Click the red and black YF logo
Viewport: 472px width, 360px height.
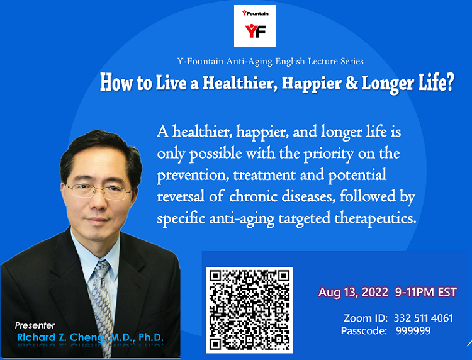[x=255, y=31]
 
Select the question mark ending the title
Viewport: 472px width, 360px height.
[x=449, y=82]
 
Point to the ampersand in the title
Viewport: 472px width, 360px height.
[x=351, y=82]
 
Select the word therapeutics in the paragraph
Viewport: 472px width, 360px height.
[x=375, y=218]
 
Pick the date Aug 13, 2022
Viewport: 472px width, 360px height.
[x=354, y=292]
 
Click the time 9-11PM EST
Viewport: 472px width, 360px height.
[x=426, y=292]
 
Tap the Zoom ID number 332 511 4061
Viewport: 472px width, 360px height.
[x=424, y=318]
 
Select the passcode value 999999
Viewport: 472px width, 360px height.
[x=413, y=331]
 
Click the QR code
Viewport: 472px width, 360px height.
[x=250, y=310]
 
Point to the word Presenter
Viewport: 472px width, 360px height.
[x=35, y=325]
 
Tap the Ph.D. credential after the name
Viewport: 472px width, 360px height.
[x=151, y=337]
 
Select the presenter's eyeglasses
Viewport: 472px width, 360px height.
[x=98, y=191]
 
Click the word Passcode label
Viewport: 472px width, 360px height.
[x=364, y=331]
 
